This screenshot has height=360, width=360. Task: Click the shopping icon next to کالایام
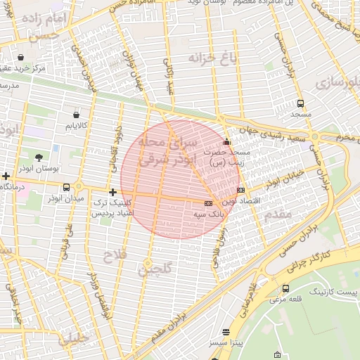coord(76,114)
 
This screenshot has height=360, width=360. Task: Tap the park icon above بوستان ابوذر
coord(39,157)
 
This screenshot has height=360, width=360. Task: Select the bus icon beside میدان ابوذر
coord(66,187)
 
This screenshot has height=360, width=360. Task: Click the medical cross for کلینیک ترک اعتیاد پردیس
coord(112,192)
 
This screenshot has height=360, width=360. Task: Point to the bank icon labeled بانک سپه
coord(207,203)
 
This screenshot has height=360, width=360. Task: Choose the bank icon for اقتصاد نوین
coord(240,190)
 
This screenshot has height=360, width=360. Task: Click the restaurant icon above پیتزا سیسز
coord(226,331)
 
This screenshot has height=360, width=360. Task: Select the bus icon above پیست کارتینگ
coord(285,288)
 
